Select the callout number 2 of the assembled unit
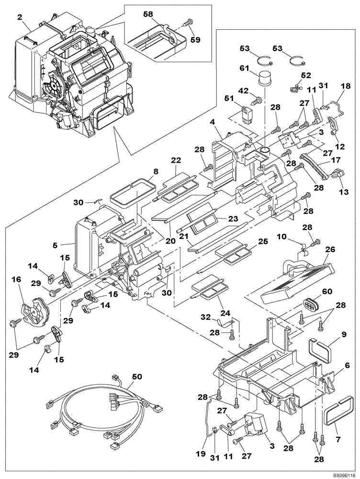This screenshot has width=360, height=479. point(20,17)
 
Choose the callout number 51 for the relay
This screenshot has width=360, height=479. point(229,99)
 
